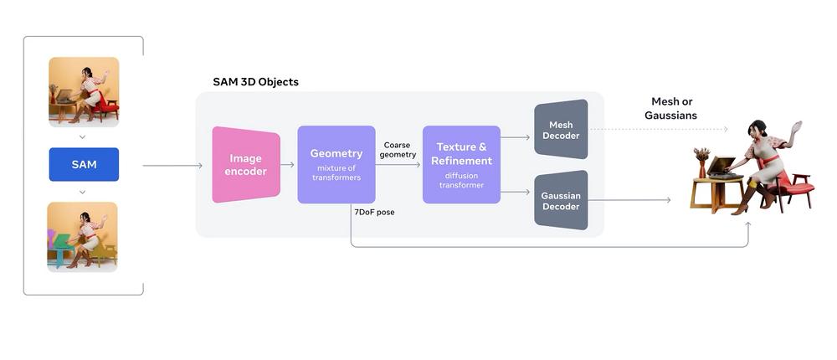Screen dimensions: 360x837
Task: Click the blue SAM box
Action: click(x=84, y=164)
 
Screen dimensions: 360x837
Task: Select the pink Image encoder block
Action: click(x=245, y=165)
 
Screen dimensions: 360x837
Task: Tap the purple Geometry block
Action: click(x=336, y=164)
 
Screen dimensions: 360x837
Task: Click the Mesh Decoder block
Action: click(x=561, y=129)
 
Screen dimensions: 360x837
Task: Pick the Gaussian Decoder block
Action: click(x=561, y=200)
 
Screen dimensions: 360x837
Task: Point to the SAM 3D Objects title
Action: click(x=255, y=82)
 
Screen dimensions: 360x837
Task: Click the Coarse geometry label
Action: click(x=398, y=150)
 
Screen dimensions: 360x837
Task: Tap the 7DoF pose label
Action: click(x=374, y=212)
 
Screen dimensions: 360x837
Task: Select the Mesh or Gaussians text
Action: click(x=670, y=108)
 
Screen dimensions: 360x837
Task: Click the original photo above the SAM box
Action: click(x=84, y=91)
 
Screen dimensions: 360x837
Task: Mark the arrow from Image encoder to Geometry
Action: click(x=287, y=165)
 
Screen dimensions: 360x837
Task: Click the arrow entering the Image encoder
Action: click(x=172, y=166)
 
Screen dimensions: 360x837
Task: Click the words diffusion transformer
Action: click(x=461, y=180)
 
